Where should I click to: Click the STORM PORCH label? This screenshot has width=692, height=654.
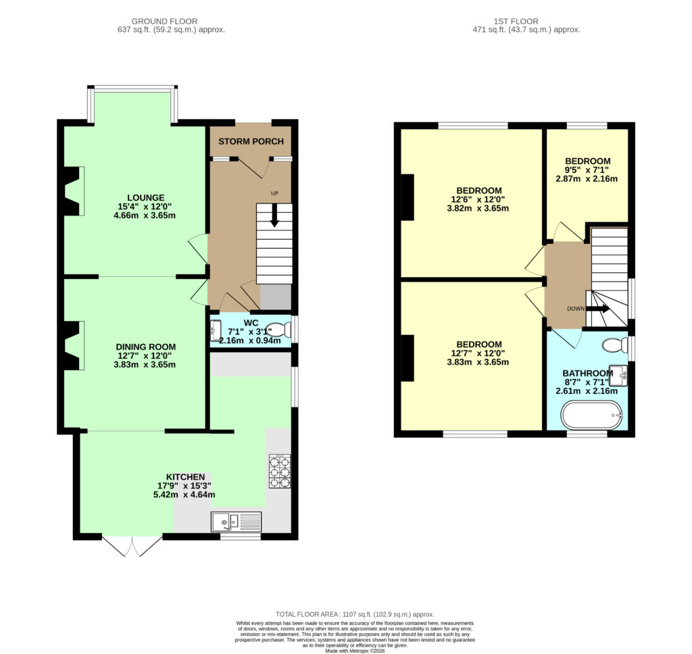[251, 141]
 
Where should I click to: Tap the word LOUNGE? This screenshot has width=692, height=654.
[146, 198]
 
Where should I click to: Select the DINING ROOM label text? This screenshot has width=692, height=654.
[146, 347]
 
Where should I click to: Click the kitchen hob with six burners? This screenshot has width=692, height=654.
[280, 472]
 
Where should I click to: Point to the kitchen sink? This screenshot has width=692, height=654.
[236, 522]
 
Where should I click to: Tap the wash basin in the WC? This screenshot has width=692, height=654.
[216, 330]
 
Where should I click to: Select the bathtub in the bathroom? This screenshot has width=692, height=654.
[592, 415]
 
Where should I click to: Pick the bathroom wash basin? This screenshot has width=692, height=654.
[618, 376]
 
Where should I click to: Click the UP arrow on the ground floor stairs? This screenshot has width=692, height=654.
[274, 216]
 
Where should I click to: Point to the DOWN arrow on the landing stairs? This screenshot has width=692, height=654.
[599, 309]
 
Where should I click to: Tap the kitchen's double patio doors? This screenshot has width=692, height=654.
[132, 547]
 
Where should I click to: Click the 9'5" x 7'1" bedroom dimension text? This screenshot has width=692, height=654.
[587, 170]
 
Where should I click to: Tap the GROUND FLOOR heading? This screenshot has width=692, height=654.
[165, 21]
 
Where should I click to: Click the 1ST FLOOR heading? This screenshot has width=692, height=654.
[516, 21]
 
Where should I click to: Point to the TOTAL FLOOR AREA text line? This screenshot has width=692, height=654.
[355, 614]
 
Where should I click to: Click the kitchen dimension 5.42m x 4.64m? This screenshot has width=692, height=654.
[184, 495]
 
